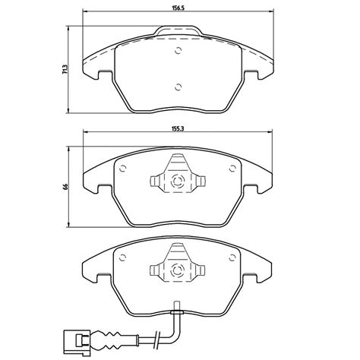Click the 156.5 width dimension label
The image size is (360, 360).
point(178,8)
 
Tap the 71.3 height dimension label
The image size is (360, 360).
point(65,69)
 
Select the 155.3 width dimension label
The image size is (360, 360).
point(178,128)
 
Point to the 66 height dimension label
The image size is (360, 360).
point(65,187)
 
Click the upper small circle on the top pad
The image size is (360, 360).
point(178,51)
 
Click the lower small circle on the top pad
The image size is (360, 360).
point(178,87)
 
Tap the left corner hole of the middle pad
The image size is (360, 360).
point(123,169)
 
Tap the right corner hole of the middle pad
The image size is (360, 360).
point(232,169)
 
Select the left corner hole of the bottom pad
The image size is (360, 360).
point(123,257)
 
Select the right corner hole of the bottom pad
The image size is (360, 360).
point(232,257)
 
